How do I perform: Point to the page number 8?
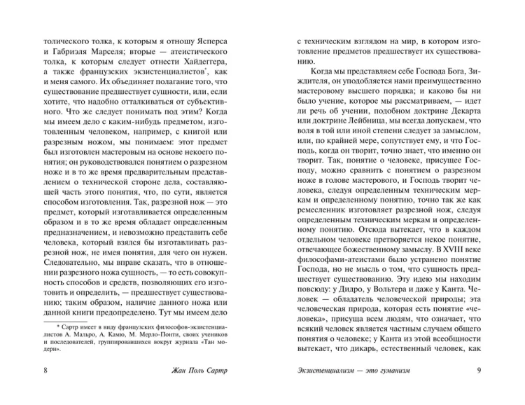click(x=46, y=390)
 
